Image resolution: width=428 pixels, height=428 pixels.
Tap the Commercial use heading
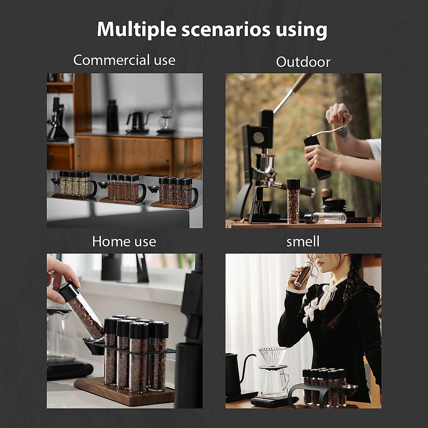pyautogui.click(x=124, y=60)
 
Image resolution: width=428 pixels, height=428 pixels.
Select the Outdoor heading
pyautogui.click(x=303, y=62)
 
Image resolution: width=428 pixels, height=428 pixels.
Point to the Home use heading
pyautogui.click(x=124, y=241)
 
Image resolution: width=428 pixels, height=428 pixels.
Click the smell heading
pyautogui.click(x=303, y=241)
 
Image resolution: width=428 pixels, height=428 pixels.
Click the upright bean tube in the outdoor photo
pyautogui.click(x=293, y=202)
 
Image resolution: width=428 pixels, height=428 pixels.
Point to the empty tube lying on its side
pyautogui.click(x=325, y=218)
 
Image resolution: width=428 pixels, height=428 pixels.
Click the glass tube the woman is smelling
pyautogui.click(x=303, y=275)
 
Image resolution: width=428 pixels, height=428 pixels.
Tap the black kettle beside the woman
pyautogui.click(x=235, y=374)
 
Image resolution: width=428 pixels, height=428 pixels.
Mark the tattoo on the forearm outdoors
pyautogui.click(x=343, y=132)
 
